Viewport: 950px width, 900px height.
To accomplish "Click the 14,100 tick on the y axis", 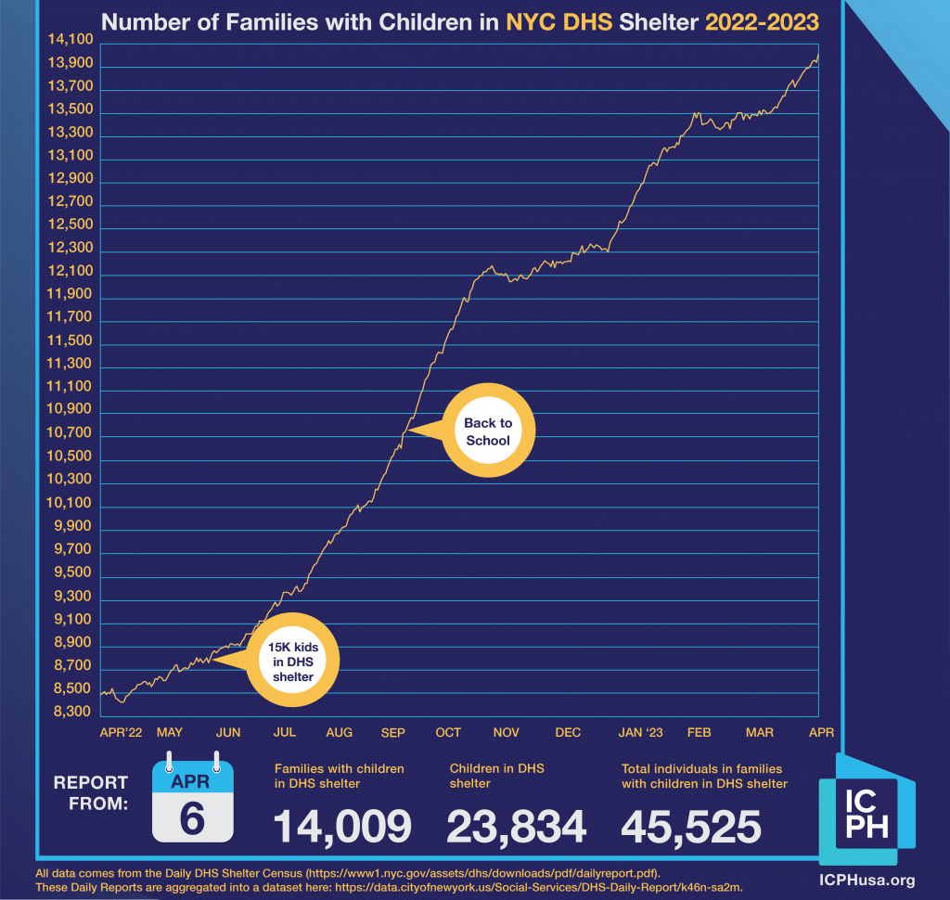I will tap(66, 39).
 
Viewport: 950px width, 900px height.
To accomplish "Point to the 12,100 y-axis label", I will tap(66, 271).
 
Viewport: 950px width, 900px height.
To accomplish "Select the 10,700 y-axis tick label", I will tap(66, 433).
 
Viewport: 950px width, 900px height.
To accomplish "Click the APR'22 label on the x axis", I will tap(121, 733).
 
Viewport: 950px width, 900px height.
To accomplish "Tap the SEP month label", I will tap(392, 733).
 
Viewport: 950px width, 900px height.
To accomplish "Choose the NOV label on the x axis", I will tap(507, 733).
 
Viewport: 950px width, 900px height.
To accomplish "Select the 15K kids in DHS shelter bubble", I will tap(293, 661).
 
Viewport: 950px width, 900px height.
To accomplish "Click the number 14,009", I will tap(342, 827).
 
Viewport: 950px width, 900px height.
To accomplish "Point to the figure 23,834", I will tap(517, 827).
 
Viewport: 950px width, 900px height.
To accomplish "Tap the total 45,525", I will tap(691, 827).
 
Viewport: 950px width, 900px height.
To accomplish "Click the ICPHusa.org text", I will tap(866, 880).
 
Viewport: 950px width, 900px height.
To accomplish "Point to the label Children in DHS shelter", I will tap(497, 776).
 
